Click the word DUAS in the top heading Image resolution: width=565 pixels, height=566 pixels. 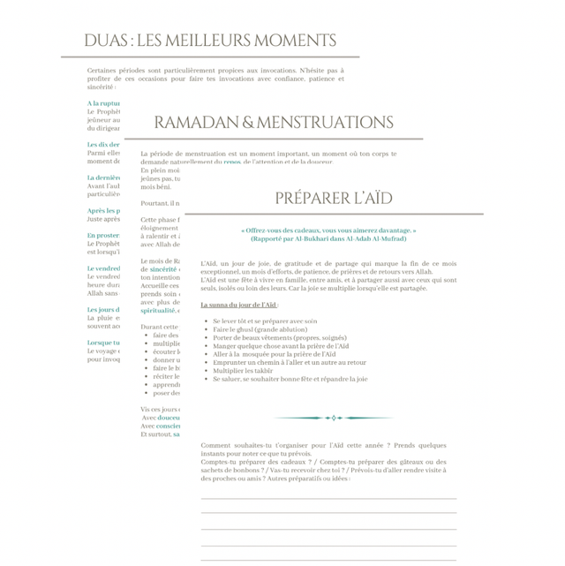(x=104, y=41)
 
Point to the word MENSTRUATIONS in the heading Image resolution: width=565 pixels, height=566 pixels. (x=324, y=123)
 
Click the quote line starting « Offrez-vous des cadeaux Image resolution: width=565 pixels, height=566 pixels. (x=328, y=230)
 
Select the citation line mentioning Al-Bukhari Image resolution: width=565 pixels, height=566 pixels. (x=328, y=238)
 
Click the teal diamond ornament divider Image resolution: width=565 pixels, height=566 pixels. (x=333, y=418)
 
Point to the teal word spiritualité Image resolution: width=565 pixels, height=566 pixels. (x=159, y=310)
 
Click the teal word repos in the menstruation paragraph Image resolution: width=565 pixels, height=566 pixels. (x=232, y=162)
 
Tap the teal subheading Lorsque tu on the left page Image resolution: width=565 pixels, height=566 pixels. (x=103, y=343)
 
